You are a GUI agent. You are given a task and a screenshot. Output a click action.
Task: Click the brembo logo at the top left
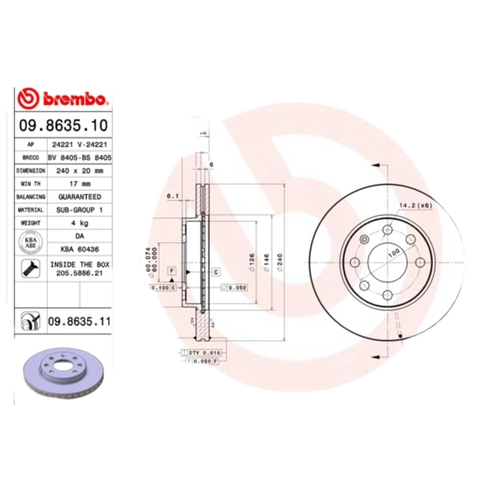(x=63, y=98)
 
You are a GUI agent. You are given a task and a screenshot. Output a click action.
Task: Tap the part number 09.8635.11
(x=78, y=321)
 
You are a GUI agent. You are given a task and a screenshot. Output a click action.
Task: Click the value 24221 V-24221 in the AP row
(x=79, y=144)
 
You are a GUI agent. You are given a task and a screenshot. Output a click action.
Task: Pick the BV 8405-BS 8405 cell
(x=79, y=157)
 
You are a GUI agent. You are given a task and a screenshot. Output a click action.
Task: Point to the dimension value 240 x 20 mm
(x=79, y=171)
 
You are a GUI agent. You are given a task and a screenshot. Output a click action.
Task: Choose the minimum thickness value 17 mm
(x=79, y=184)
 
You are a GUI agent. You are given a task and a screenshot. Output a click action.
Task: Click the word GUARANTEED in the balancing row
(x=79, y=197)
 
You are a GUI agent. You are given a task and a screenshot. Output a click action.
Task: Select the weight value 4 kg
(x=79, y=223)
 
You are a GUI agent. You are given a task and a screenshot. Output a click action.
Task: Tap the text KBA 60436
(x=79, y=249)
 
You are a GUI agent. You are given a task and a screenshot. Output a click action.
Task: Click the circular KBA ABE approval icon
(x=30, y=242)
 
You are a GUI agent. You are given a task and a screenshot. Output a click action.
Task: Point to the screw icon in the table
(x=30, y=269)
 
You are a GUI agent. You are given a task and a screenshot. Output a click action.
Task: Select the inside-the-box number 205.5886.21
(x=79, y=273)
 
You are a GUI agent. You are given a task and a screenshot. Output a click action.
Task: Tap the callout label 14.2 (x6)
(x=415, y=205)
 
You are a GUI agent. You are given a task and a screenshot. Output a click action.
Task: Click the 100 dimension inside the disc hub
(x=393, y=253)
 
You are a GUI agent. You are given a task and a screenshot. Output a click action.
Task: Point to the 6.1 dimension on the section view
(x=173, y=197)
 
